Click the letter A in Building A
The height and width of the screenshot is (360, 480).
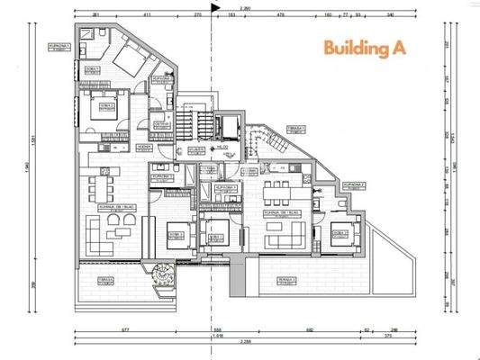(395, 48)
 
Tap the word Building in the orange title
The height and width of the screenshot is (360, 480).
(354, 49)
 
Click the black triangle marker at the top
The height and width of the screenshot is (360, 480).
(213, 7)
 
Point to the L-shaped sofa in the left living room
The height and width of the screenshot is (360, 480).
(108, 229)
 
